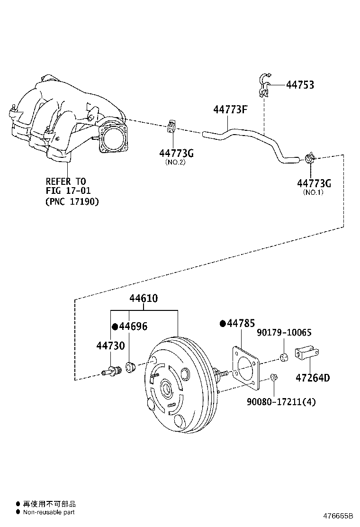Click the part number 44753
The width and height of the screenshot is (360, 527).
coord(300,85)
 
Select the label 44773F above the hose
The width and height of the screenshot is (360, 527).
coord(231,110)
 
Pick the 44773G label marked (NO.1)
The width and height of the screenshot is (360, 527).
coord(314,183)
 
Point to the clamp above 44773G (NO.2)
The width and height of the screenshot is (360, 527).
coord(171,127)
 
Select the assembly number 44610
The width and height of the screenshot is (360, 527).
coord(144,299)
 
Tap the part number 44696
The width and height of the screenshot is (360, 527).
coord(133,327)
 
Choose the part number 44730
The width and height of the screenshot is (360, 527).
coord(110,345)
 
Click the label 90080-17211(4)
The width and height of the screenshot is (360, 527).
coord(281,402)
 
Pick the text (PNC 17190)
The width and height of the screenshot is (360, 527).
coord(72,201)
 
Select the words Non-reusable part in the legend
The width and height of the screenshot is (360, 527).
coord(49,512)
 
